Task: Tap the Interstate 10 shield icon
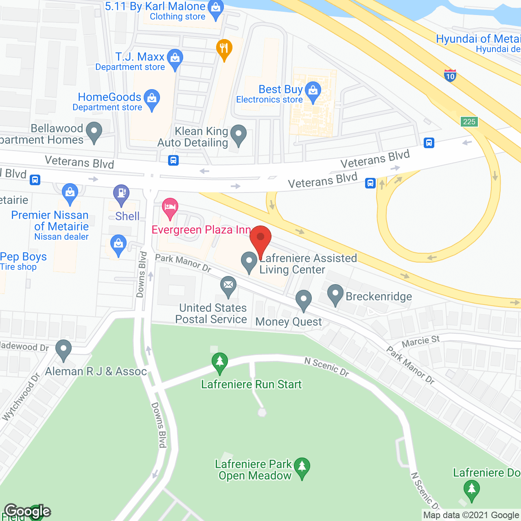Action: point(450,75)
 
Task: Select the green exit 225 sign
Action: point(469,121)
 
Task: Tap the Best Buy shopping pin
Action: point(313,91)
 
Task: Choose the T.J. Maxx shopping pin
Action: point(175,59)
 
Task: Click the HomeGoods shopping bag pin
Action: point(152,99)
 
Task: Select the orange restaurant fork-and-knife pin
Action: point(224,49)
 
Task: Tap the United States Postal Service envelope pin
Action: point(228,286)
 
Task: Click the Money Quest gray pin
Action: point(303,300)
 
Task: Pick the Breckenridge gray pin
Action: point(335,294)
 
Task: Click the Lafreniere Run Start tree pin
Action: point(220,362)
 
